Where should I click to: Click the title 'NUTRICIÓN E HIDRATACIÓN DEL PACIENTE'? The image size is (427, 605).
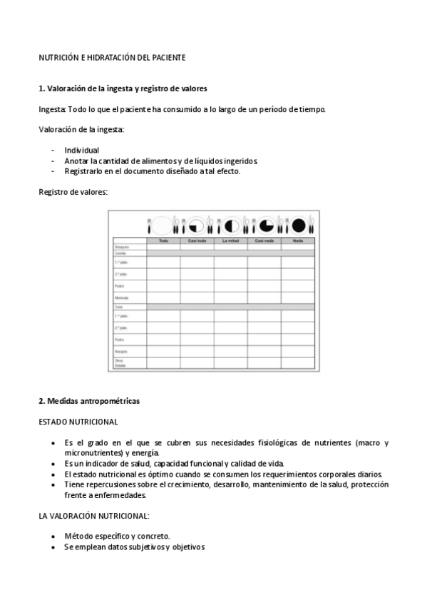[x=112, y=56]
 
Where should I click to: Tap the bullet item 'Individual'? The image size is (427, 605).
[x=81, y=151]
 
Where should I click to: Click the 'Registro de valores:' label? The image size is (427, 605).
[x=72, y=191]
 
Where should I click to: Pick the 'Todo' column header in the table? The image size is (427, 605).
[x=163, y=240]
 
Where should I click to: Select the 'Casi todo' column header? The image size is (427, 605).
[x=197, y=240]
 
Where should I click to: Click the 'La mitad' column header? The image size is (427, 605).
[x=230, y=240]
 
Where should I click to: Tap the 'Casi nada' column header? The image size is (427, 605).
[x=264, y=240]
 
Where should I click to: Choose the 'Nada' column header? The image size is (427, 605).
[x=297, y=240]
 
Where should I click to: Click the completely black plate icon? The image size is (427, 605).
[x=299, y=225]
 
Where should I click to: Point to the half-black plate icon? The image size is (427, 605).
[x=231, y=225]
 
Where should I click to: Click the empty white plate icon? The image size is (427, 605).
[x=163, y=225]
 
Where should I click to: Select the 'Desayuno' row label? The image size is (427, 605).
[x=122, y=247]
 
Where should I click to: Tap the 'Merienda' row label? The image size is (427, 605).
[x=123, y=298]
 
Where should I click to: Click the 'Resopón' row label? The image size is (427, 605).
[x=122, y=352]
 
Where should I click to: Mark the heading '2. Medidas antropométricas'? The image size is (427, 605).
[x=89, y=402]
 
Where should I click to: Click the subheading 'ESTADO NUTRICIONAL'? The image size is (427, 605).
[x=78, y=422]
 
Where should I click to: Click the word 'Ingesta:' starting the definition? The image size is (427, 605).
[x=52, y=110]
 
